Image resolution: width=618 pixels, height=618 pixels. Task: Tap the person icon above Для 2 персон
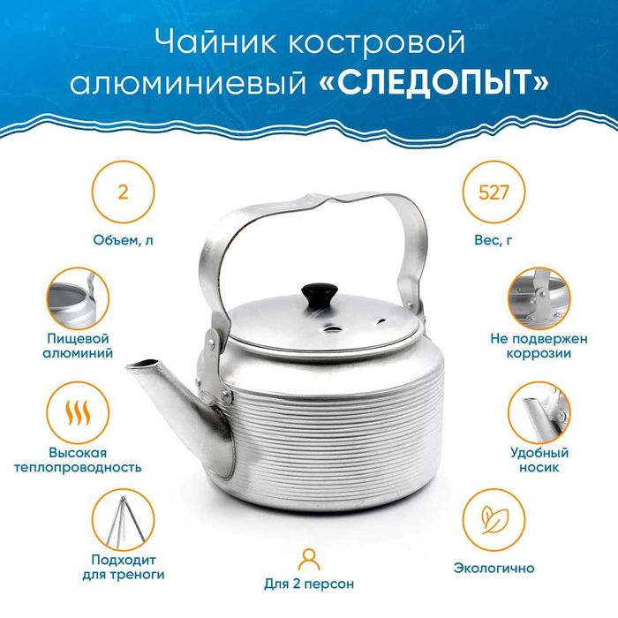click(x=308, y=558)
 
